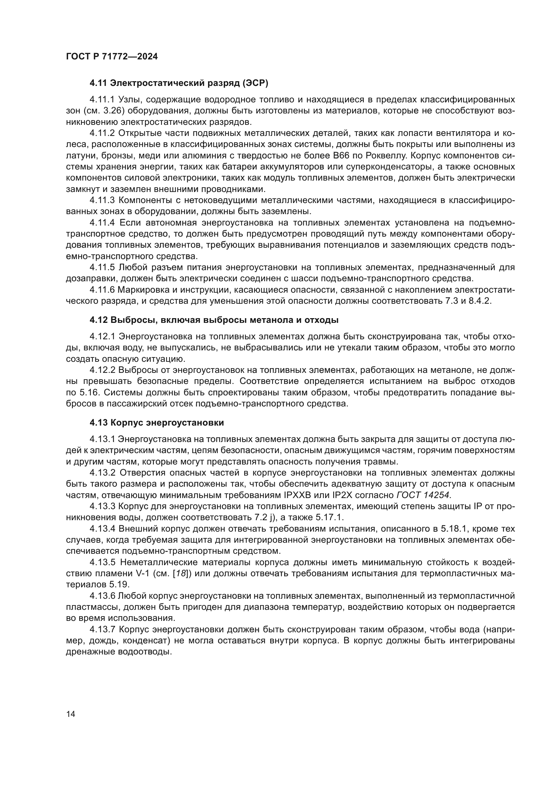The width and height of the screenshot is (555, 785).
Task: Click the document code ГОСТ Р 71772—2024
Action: (112, 57)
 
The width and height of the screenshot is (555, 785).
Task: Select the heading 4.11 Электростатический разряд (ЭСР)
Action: (179, 83)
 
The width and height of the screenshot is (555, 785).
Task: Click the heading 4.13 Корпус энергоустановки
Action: (156, 423)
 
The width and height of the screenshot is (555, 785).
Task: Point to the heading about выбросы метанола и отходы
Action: (214, 320)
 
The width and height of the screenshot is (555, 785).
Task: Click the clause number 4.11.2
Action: (102, 133)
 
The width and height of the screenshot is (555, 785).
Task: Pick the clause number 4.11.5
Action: (102, 267)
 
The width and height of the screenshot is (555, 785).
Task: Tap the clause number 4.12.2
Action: (102, 370)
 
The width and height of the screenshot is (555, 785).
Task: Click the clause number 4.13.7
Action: (102, 629)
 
